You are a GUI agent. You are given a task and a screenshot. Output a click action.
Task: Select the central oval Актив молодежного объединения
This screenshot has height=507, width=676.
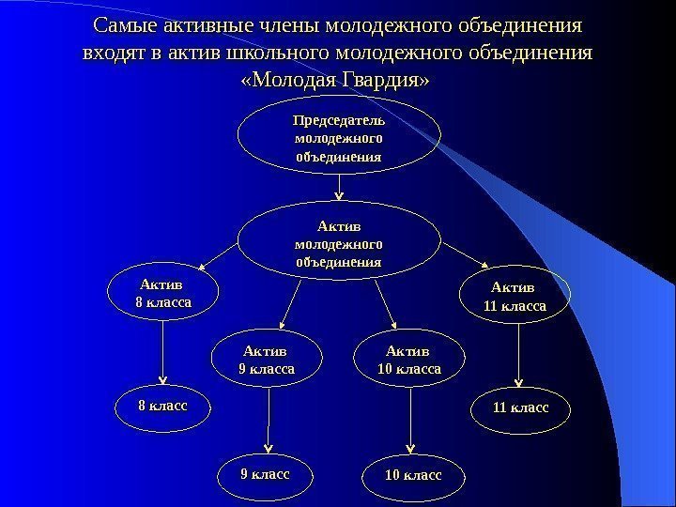click(x=338, y=241)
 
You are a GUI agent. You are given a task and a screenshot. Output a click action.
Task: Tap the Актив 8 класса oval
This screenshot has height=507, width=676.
click(x=163, y=292)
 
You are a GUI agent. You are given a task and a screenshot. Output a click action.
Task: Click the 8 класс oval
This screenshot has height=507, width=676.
click(x=163, y=406)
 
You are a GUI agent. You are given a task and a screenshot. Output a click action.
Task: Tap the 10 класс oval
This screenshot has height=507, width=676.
click(x=411, y=476)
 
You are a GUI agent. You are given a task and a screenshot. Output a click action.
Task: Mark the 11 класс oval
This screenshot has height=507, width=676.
click(x=519, y=407)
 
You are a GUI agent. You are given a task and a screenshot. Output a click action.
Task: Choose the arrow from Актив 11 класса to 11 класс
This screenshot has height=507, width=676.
click(x=519, y=355)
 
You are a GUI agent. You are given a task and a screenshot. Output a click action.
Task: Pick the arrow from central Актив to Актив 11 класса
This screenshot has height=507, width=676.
click(x=465, y=253)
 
